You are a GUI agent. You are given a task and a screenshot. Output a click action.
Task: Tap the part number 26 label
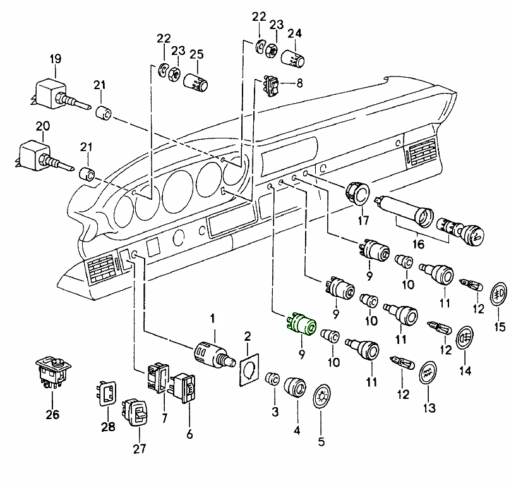tap(51, 415)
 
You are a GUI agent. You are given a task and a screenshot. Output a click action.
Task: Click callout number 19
tap(56, 59)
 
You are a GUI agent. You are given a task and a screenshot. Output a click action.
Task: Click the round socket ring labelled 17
tap(358, 192)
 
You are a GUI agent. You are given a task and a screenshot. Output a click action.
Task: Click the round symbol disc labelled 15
tap(500, 293)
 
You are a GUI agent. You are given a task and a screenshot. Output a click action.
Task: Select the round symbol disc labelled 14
tap(465, 336)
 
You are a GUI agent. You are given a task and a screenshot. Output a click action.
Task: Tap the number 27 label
tap(139, 449)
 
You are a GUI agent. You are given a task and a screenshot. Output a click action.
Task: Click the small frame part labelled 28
tap(107, 392)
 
